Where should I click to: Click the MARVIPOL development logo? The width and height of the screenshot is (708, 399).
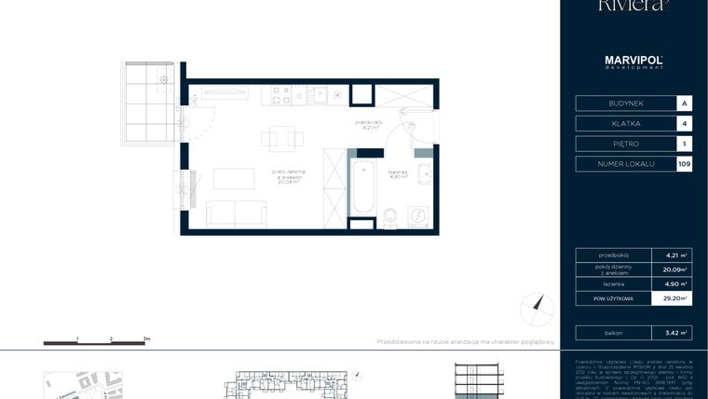[x=633, y=62]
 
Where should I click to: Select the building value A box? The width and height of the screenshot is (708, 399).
[x=685, y=103]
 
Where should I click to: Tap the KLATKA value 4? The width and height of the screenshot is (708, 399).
[x=685, y=123]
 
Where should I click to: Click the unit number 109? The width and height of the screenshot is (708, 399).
[x=685, y=164]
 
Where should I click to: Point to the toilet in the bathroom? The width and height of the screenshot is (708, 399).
[x=391, y=217]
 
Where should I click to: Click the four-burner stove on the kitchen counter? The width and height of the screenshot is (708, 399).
[x=280, y=94]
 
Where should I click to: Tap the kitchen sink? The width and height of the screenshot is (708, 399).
[x=320, y=94]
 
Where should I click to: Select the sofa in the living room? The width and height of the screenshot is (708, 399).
[x=236, y=213]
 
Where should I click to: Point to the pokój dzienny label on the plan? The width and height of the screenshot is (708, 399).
[x=285, y=175]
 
